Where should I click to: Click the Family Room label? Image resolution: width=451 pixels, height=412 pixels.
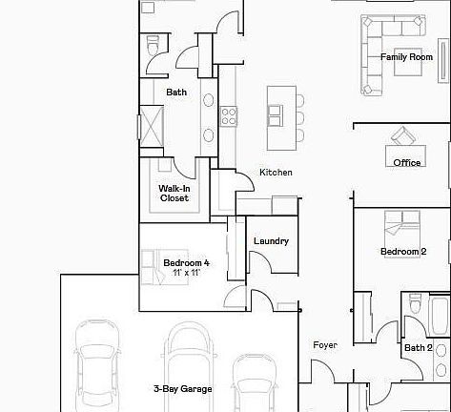click(x=406, y=57)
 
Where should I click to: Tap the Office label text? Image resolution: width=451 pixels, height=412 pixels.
click(x=407, y=163)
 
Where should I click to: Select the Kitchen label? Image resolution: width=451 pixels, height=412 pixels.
click(x=276, y=173)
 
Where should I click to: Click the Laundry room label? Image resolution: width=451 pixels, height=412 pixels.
click(x=272, y=241)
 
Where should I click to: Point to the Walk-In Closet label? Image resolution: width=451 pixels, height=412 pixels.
click(x=174, y=194)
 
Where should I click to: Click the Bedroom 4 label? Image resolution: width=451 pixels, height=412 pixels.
click(x=186, y=263)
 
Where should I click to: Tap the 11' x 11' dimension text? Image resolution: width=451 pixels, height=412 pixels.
click(x=186, y=274)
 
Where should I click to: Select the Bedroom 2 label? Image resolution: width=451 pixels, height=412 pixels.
click(x=402, y=252)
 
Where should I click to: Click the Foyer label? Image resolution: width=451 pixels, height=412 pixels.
click(x=324, y=345)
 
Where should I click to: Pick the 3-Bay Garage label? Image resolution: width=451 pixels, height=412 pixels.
click(x=182, y=389)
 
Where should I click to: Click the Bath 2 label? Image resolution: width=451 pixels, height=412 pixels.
click(x=419, y=348)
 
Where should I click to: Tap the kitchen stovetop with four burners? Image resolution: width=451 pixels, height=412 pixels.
click(x=229, y=115)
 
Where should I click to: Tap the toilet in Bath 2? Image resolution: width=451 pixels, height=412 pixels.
click(x=413, y=304)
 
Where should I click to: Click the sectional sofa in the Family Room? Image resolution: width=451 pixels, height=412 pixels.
click(x=377, y=57)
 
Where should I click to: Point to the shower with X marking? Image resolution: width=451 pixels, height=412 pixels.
click(x=151, y=125)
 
